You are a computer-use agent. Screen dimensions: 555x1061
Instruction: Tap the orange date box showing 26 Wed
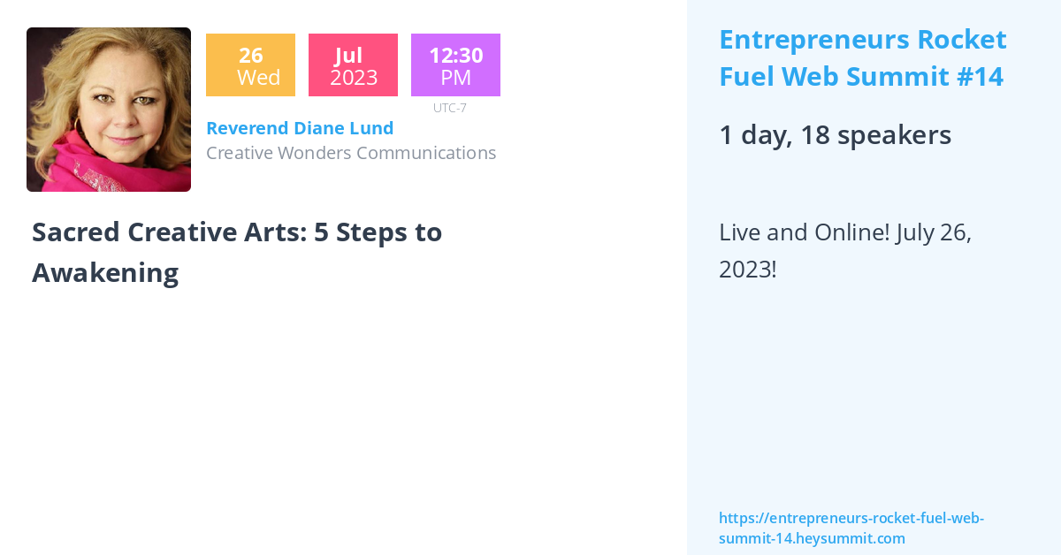point(250,65)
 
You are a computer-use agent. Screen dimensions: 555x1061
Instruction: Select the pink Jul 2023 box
point(353,65)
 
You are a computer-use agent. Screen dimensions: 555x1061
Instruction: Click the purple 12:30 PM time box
point(455,65)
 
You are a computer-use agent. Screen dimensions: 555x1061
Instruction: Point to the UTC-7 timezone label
point(450,108)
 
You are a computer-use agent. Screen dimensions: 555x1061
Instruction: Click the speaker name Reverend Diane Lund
point(300,128)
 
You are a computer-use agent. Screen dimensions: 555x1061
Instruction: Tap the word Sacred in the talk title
point(75,232)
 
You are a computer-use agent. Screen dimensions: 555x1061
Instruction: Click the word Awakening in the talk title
point(105,273)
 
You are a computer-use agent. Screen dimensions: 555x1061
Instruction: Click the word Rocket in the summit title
point(962,40)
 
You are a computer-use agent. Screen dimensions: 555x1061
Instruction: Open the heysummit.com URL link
point(851,528)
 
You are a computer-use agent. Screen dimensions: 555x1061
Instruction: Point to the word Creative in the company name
point(239,153)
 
